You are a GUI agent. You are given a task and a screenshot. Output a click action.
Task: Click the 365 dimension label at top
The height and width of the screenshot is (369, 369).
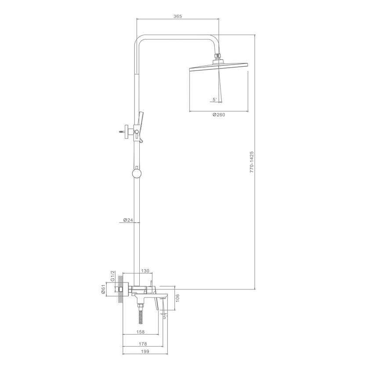coord(177,16)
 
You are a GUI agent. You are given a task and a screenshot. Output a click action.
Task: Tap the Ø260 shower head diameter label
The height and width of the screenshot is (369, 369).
coord(219,115)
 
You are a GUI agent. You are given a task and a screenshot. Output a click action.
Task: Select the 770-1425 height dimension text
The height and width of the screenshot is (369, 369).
coord(252,162)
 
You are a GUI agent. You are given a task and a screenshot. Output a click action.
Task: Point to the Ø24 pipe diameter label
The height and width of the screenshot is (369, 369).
coord(128,220)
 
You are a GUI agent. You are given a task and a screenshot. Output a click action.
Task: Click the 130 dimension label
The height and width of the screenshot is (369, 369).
coord(145,271)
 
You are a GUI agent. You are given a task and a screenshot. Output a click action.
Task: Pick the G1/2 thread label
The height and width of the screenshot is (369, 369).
coord(112,276)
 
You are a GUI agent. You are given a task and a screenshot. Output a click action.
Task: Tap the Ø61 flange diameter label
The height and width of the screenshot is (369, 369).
coord(103,289)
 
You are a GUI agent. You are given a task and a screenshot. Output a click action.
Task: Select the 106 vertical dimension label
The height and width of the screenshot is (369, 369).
coord(177,298)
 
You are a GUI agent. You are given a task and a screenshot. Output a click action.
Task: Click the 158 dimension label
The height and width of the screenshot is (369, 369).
coord(141,332)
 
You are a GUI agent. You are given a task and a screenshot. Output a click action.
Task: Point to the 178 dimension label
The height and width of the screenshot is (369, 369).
coord(143,344)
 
